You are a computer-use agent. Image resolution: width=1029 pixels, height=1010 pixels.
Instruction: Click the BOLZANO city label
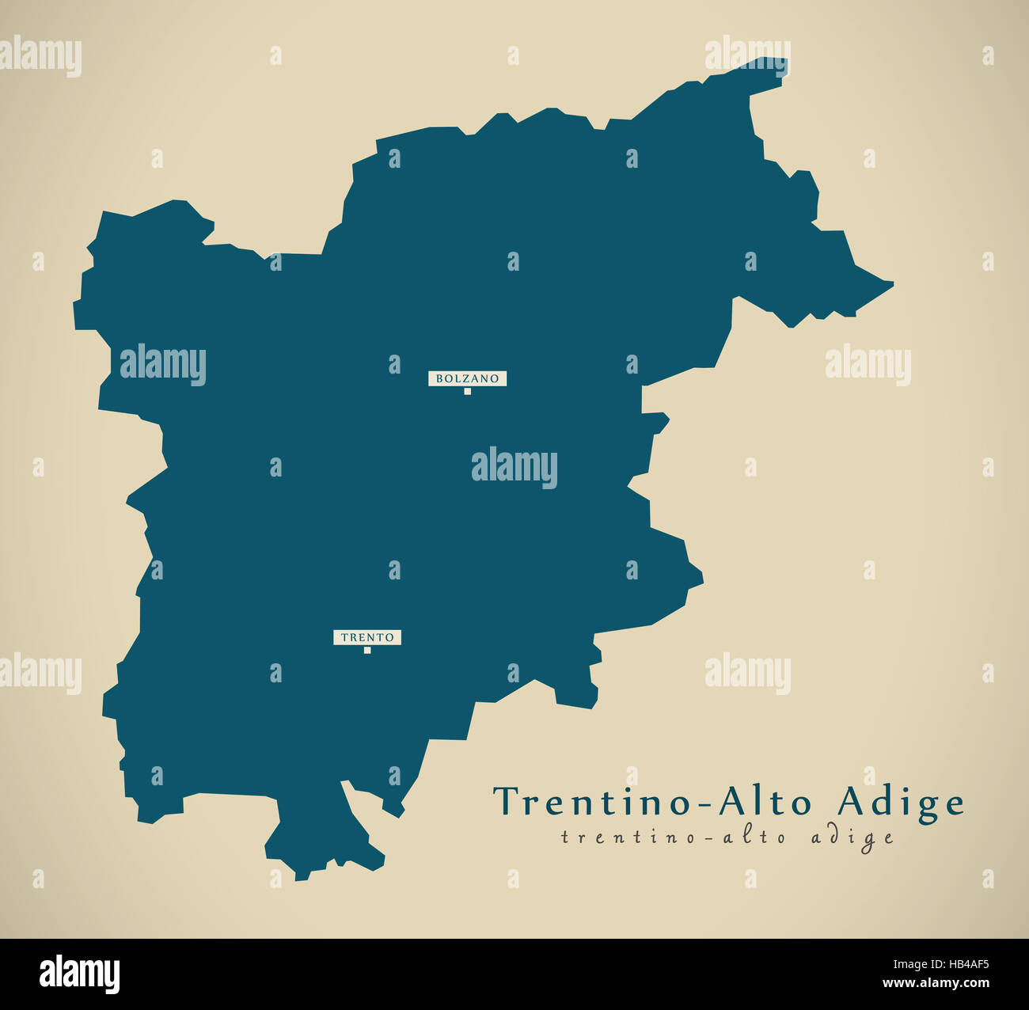tap(467, 378)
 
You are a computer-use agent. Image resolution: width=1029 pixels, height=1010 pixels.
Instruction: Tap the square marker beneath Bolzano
tap(467, 391)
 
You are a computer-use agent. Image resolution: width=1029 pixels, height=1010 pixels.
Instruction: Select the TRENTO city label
tap(367, 637)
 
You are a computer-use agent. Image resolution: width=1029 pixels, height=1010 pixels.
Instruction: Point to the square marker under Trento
tap(367, 651)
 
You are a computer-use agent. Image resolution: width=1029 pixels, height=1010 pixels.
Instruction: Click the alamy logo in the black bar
tap(79, 974)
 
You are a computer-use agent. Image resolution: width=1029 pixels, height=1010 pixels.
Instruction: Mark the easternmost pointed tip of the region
tap(892, 282)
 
